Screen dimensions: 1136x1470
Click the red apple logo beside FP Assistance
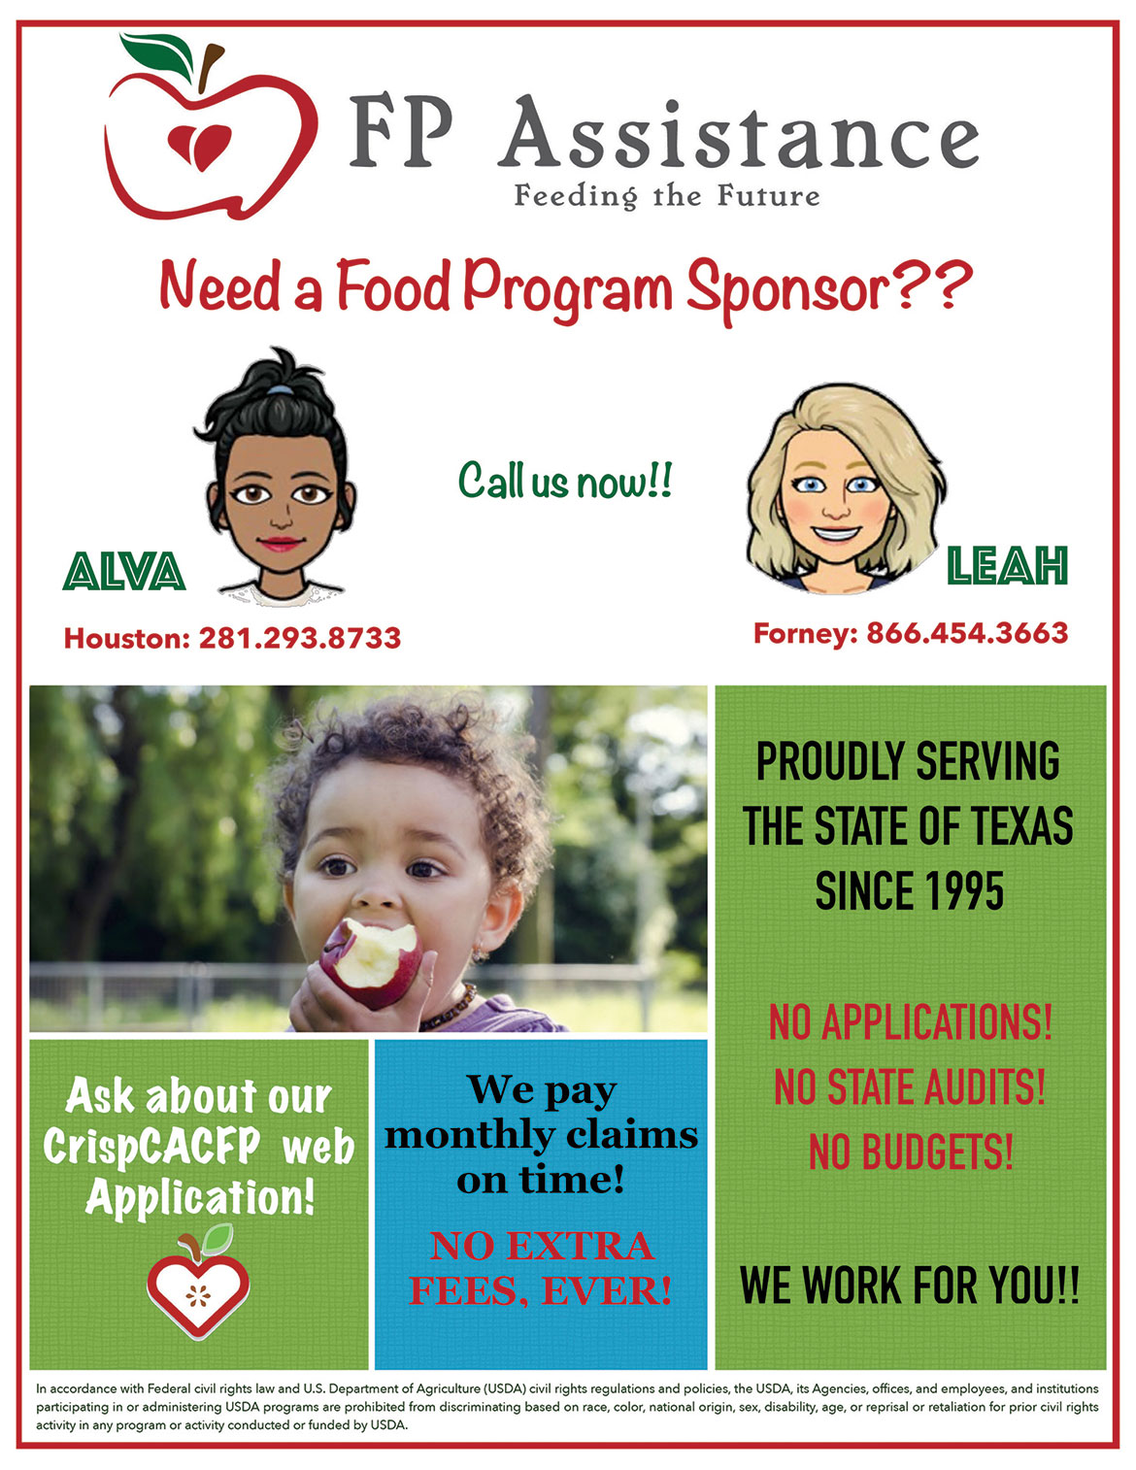click(211, 128)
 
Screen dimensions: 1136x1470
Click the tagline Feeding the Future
click(667, 197)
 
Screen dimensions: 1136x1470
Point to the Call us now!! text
click(565, 481)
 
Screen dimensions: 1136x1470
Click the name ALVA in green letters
click(124, 571)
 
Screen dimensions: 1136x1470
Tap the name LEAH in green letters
click(1007, 565)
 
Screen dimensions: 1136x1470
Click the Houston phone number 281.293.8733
click(300, 638)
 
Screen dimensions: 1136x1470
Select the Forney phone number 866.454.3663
click(968, 633)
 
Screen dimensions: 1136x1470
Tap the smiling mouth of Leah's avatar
click(836, 533)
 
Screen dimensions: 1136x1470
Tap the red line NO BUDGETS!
click(911, 1153)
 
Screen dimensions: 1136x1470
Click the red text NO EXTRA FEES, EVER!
click(541, 1269)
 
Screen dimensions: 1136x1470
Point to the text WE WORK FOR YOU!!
click(910, 1286)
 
